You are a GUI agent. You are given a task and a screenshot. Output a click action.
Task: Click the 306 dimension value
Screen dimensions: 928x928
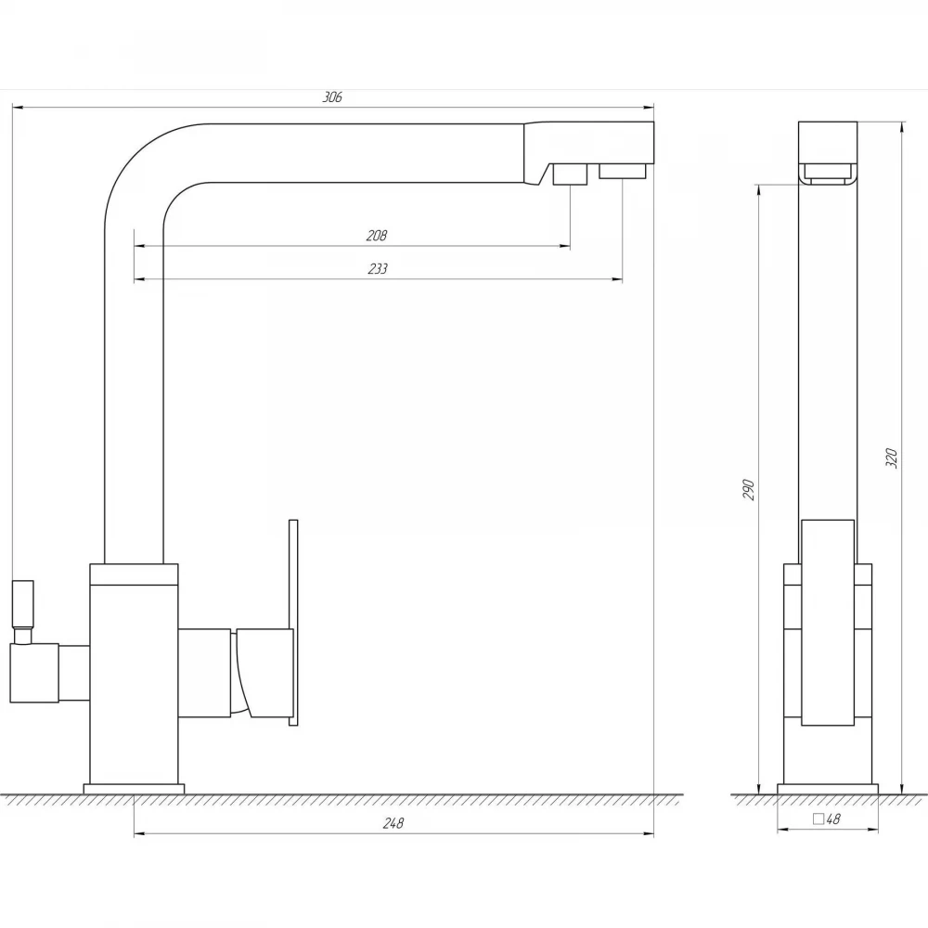click(332, 97)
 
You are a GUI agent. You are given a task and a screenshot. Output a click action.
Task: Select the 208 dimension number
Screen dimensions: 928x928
click(377, 236)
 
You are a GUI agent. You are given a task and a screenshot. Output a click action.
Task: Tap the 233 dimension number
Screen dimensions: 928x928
click(378, 269)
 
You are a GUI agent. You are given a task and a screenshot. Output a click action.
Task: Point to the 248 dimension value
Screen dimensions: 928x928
click(393, 823)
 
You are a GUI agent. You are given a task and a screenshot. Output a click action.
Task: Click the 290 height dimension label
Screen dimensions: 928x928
click(749, 489)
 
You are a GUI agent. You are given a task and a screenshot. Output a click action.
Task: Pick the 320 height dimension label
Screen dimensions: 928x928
click(891, 458)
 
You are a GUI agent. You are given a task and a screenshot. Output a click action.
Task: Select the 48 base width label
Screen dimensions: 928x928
click(833, 819)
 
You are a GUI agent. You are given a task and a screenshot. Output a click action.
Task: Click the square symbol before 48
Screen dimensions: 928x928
click(818, 819)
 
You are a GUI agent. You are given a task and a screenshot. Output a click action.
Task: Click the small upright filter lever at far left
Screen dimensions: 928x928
click(23, 604)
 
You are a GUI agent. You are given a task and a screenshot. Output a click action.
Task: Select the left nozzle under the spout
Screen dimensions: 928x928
click(570, 174)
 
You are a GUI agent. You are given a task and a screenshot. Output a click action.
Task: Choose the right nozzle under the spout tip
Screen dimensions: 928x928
click(622, 171)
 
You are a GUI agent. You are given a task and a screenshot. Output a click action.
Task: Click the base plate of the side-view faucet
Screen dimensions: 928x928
click(828, 790)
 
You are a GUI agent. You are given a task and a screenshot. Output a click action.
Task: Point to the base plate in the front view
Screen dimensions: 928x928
click(134, 790)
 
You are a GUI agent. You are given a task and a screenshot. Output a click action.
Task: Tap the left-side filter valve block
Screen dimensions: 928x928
click(34, 674)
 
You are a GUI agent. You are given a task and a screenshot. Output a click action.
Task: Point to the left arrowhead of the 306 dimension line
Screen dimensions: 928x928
click(18, 108)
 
